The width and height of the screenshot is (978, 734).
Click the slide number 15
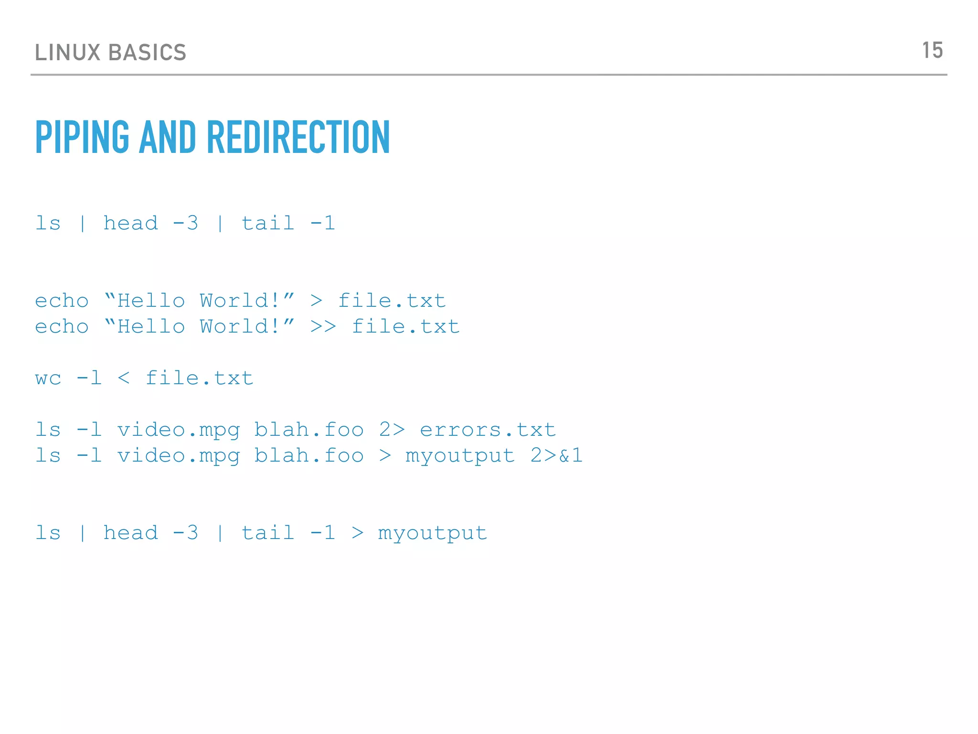[x=932, y=51]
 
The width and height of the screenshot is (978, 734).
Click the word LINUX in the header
[x=67, y=53]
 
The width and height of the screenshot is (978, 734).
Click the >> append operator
[x=323, y=327]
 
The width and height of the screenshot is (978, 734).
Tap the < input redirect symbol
[x=124, y=378]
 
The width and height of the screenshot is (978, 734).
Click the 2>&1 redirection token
[x=556, y=456]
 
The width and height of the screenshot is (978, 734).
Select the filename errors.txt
[x=488, y=430]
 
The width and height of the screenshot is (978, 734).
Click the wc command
[x=48, y=378]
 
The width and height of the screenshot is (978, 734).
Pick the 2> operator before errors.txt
[x=392, y=430]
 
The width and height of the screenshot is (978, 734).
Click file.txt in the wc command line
[x=199, y=378]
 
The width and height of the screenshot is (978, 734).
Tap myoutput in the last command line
[x=433, y=533]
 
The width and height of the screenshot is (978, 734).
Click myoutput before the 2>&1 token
[x=460, y=456]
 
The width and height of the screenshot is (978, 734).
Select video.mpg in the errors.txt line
[x=179, y=430]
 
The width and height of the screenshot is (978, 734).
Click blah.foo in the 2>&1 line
[x=309, y=456]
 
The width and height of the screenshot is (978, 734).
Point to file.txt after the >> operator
[x=406, y=327]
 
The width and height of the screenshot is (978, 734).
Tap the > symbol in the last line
[x=358, y=533]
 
